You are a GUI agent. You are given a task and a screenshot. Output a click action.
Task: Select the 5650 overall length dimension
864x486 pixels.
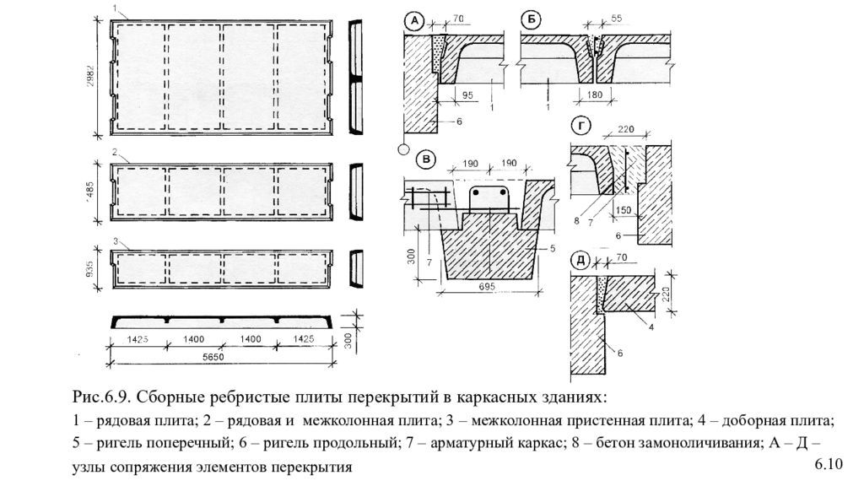coord(224,358)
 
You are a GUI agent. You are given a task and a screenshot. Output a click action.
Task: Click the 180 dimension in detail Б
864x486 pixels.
coord(595,95)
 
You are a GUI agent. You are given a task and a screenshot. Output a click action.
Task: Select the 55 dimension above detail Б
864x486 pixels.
coord(616,17)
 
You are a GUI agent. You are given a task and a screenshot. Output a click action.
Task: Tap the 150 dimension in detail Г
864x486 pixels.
coord(623,210)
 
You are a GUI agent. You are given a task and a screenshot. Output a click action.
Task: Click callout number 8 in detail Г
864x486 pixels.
coord(576,221)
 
